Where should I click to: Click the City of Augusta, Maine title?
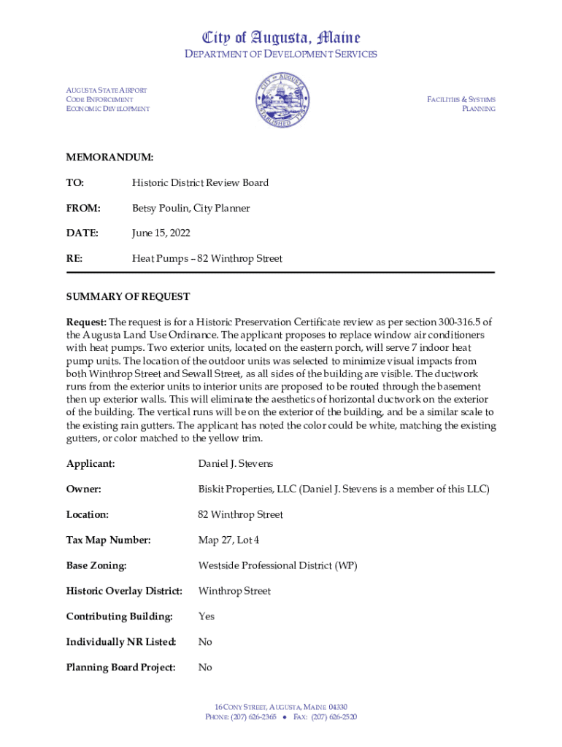[281, 37]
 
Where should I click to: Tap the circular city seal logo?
[282, 100]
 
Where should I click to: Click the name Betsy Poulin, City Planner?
[190, 208]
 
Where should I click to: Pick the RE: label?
[74, 259]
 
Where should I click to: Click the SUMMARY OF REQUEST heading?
[128, 297]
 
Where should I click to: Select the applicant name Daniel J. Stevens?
[236, 463]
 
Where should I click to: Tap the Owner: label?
[83, 489]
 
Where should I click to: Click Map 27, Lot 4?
[228, 540]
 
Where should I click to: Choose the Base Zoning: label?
[96, 565]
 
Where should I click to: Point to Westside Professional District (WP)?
[277, 565]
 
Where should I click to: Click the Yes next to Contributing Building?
[207, 616]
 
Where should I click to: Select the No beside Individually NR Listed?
[205, 642]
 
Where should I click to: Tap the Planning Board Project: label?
[121, 667]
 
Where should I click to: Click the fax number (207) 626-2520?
[334, 717]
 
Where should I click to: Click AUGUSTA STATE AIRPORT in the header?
[107, 90]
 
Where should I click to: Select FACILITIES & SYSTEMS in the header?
[461, 99]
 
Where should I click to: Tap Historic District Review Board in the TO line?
[200, 182]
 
